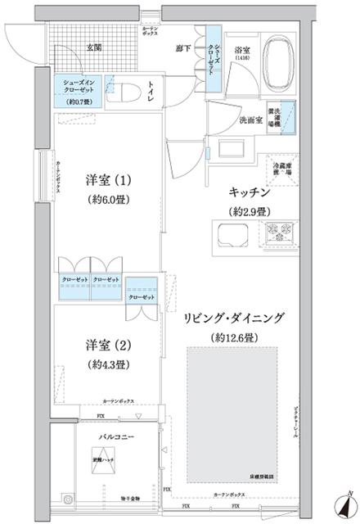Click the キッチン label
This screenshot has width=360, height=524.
point(250,193)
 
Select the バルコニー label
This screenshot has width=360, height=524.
point(107,436)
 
